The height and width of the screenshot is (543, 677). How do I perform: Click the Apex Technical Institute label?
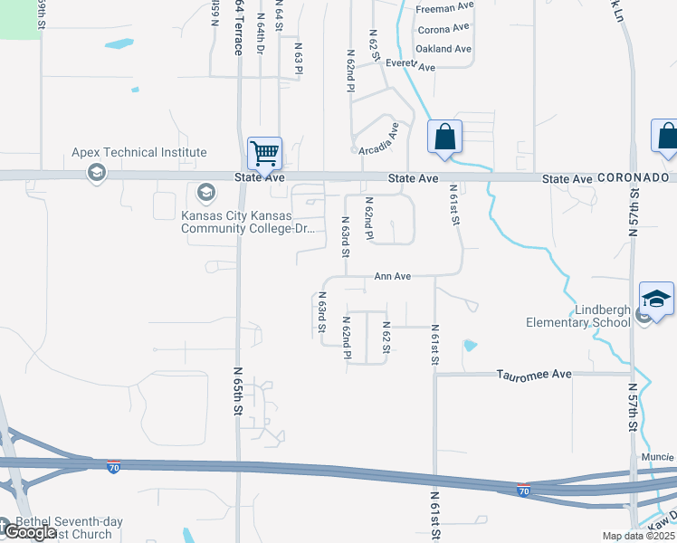tap(140, 153)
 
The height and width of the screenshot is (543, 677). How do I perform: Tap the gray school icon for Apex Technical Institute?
tap(97, 172)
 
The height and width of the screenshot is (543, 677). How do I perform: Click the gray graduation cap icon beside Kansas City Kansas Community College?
tap(205, 193)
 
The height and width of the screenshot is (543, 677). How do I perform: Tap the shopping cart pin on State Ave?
tap(265, 153)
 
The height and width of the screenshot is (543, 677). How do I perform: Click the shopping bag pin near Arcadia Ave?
tap(444, 138)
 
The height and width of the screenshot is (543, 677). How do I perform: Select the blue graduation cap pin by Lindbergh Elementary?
tap(657, 300)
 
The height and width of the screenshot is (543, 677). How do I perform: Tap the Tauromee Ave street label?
tap(534, 374)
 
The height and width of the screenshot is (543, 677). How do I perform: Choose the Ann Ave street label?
tap(393, 277)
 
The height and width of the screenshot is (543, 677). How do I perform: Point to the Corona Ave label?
tap(443, 29)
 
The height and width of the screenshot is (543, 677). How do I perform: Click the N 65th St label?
tap(239, 390)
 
